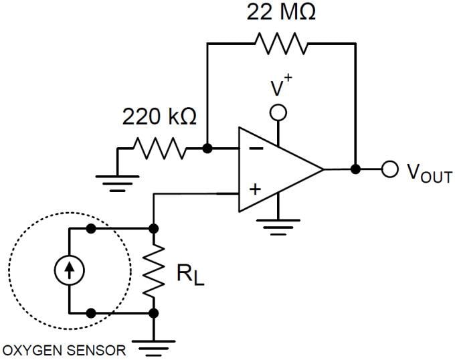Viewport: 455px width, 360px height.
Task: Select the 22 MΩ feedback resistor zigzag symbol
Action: pos(280,43)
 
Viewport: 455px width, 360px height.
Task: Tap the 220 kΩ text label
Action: pos(159,117)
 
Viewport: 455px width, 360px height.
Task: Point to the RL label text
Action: pos(189,275)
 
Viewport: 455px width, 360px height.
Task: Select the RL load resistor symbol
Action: pos(154,271)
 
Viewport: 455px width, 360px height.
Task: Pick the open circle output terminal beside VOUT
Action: pos(390,169)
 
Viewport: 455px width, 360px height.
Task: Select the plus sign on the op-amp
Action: pos(254,189)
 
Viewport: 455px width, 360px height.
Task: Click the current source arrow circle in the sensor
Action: pos(70,270)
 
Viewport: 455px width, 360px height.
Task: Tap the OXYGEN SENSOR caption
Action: pos(64,350)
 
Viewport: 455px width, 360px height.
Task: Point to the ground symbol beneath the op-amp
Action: pos(278,228)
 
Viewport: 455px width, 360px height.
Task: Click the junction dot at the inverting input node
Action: pos(207,148)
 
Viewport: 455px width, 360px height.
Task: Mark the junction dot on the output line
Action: pos(356,169)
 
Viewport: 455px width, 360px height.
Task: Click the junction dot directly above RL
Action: pos(154,229)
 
